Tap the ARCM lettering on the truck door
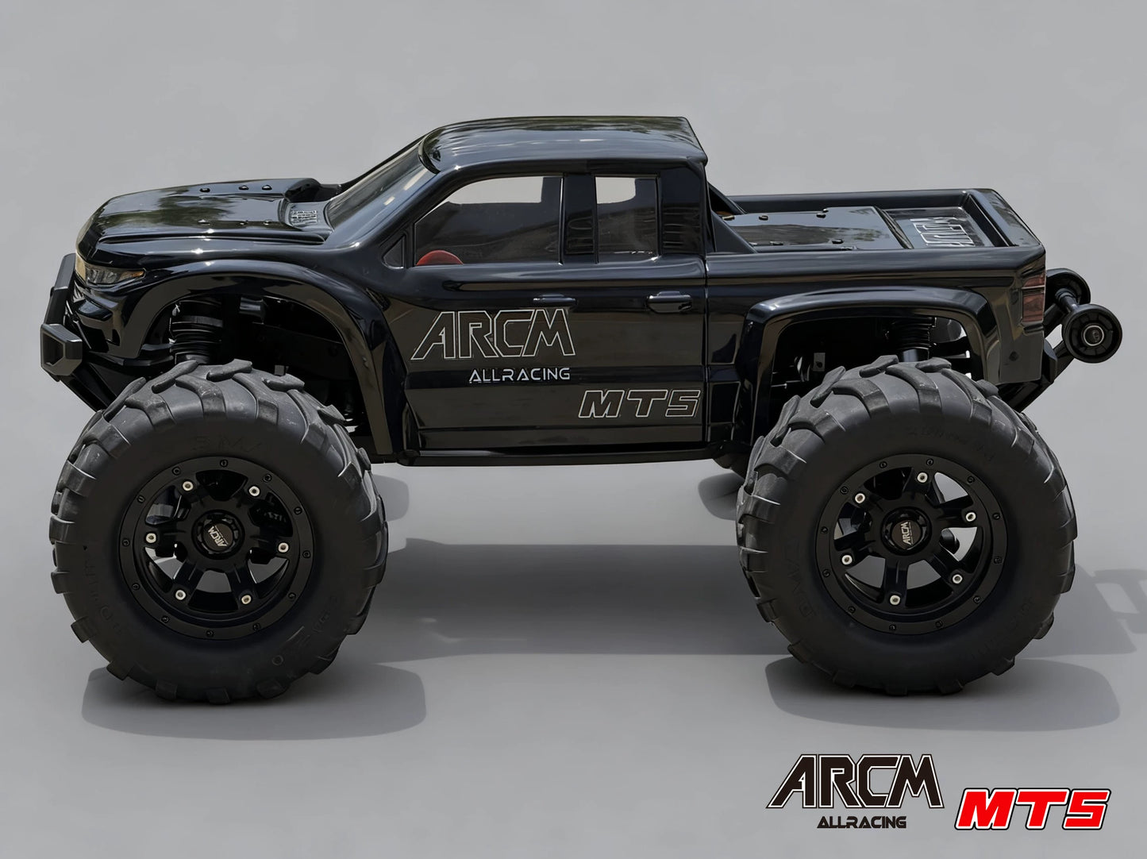click(493, 335)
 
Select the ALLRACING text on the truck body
click(519, 375)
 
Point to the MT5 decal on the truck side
click(640, 404)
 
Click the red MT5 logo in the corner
click(1032, 808)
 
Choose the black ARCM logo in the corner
click(855, 783)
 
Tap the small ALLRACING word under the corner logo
click(861, 822)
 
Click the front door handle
click(554, 302)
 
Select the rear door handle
click(669, 301)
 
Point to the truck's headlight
click(107, 275)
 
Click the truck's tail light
click(1033, 298)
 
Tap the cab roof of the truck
click(564, 140)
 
